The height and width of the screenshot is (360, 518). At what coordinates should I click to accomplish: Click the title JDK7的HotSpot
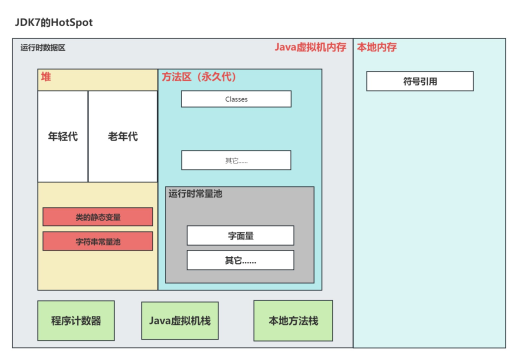coord(53,22)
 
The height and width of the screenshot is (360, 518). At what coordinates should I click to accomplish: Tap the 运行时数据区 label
coord(42,48)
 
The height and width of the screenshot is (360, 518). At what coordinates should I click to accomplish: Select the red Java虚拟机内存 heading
coord(310,47)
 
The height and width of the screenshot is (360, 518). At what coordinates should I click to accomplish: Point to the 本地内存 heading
coord(376,47)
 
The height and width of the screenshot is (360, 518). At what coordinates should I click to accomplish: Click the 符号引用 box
coord(420,81)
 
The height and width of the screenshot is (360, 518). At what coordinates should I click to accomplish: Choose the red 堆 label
coord(46,77)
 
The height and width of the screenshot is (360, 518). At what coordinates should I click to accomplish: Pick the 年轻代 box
coord(63,136)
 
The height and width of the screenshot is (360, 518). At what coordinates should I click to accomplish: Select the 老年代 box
coord(123,136)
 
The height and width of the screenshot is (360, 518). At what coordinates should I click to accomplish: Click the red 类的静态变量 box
coord(98,217)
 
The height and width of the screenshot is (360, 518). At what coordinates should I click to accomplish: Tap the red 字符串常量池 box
coord(98,241)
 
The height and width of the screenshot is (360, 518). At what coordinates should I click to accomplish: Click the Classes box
coord(236,99)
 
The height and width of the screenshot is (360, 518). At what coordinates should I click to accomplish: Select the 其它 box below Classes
coord(236,160)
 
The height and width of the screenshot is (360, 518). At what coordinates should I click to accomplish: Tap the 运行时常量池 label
coord(195,194)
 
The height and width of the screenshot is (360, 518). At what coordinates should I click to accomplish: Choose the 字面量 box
coord(240,235)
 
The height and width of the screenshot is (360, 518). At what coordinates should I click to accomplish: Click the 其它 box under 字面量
coord(240,260)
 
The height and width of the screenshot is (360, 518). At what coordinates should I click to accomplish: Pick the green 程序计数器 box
coord(76,321)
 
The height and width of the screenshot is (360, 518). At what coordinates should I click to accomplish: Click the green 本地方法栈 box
coord(293,321)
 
